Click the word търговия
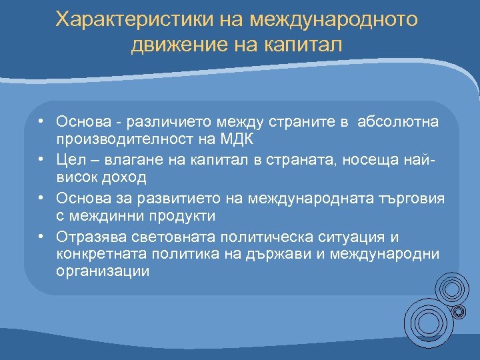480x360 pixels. coord(413,199)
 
